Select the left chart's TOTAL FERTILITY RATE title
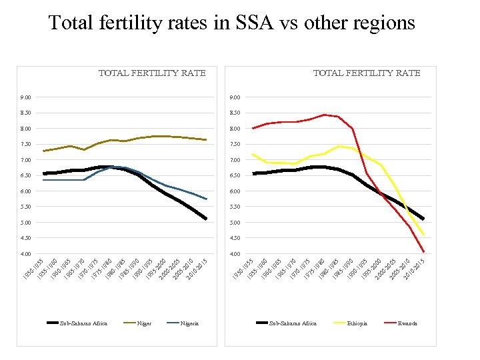[152, 73]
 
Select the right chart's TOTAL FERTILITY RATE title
[367, 73]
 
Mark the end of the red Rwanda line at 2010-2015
[423, 252]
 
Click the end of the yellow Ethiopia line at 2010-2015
[423, 235]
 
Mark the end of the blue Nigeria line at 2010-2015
[207, 199]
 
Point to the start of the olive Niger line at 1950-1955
[44, 151]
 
